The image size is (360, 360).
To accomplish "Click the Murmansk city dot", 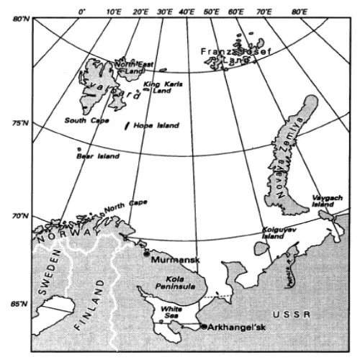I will [147, 253].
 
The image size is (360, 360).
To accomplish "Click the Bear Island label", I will [94, 155].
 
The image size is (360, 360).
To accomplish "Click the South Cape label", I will [86, 120].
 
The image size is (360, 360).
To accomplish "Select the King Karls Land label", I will [163, 88].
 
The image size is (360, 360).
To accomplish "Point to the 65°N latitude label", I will [19, 304].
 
